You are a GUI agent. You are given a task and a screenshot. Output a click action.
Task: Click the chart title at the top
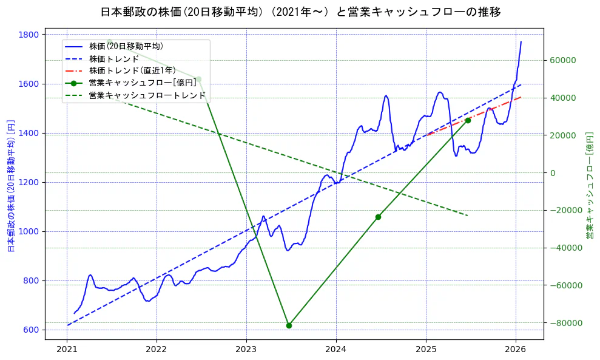point(300,12)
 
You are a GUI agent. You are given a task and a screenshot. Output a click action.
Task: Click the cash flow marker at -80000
point(289,325)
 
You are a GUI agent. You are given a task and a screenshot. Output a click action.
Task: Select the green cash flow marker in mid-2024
point(378,217)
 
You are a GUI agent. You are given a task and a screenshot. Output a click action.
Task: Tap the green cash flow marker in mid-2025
point(468,120)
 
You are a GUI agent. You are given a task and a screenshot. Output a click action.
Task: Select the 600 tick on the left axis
point(32,330)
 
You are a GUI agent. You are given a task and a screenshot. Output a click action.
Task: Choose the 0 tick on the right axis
point(552,172)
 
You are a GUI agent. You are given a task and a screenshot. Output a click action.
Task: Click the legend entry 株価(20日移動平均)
point(126,46)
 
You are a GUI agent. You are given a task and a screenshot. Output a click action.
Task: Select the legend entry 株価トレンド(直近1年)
point(132,70)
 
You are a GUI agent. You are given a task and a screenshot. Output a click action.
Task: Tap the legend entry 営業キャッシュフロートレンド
point(147,95)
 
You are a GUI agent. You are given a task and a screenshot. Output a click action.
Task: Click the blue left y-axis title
point(10,185)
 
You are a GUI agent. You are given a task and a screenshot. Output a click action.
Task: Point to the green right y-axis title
point(589,185)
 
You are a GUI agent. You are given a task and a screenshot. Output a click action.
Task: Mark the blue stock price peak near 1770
point(521,42)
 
